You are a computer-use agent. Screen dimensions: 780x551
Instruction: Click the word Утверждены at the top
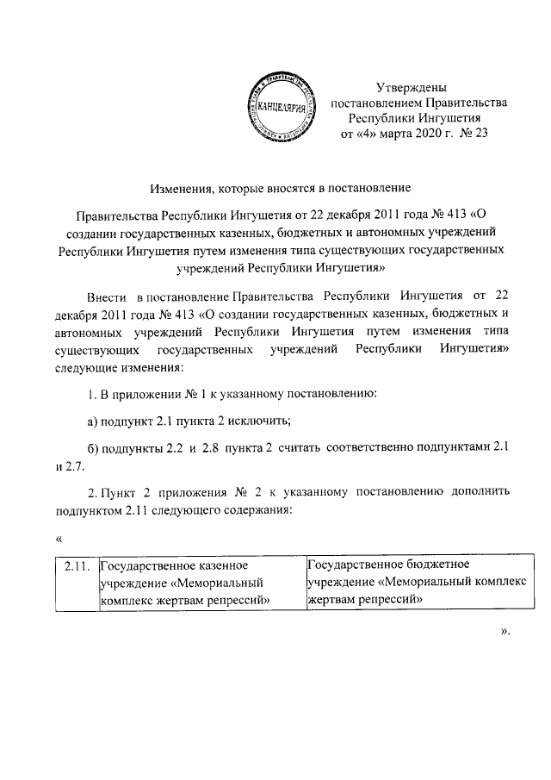click(412, 87)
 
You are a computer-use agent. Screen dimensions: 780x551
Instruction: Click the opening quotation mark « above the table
click(58, 540)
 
